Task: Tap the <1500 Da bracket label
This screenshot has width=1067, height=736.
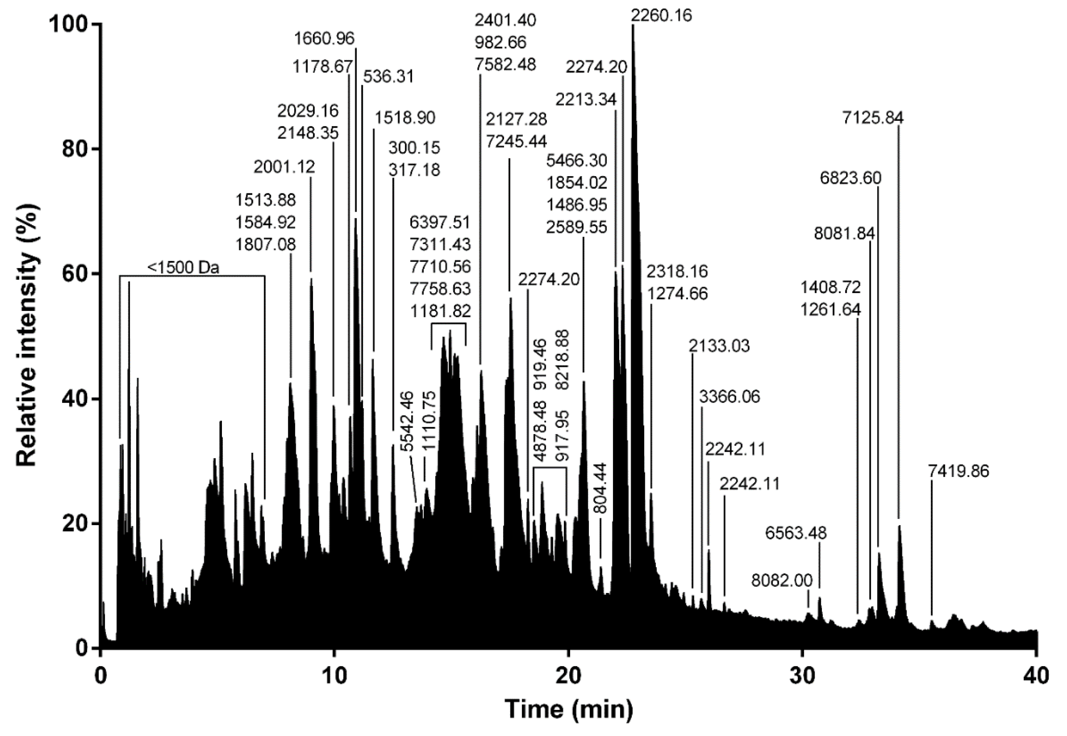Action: pos(183,267)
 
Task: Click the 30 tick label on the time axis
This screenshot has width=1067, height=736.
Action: pos(803,676)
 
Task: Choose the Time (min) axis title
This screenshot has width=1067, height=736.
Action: pos(569,709)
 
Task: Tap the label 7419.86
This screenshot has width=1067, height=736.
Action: pos(958,471)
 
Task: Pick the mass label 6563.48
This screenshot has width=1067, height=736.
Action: pos(796,533)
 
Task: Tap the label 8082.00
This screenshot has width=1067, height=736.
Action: pos(782,580)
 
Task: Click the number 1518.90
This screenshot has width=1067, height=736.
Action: pos(404,118)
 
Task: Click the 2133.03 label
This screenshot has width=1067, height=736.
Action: pos(719,346)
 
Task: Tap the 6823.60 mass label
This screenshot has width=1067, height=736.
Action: pos(850,178)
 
